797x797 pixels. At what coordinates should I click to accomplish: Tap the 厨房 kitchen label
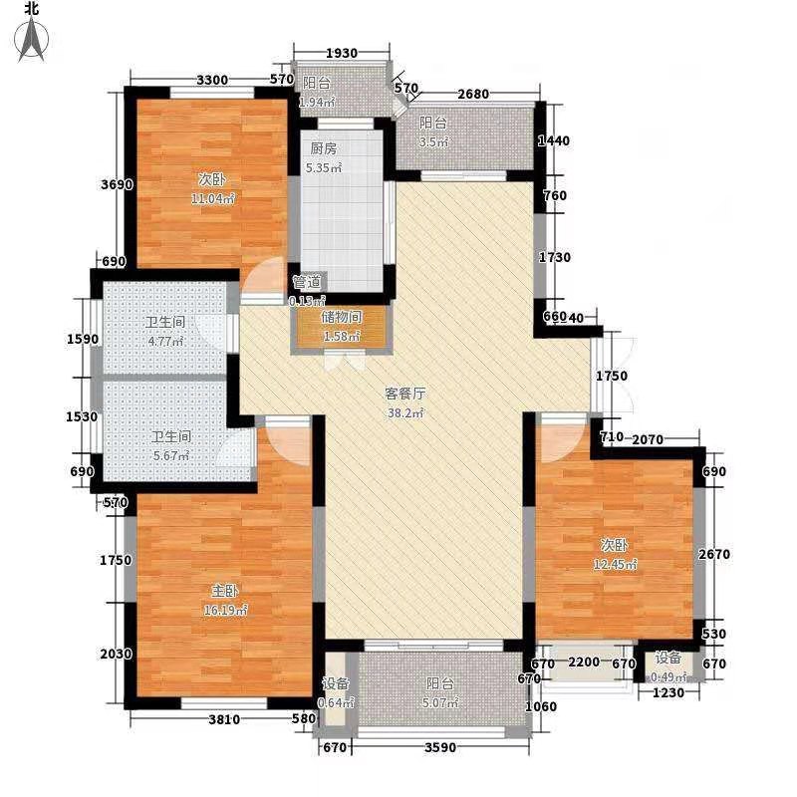pos(324,148)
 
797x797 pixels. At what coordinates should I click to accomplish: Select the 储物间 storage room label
pos(341,317)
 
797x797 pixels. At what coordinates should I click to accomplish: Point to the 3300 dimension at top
pos(213,80)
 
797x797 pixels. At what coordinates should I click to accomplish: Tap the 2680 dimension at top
pos(474,94)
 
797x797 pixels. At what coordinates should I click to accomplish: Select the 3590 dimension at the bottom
pos(434,747)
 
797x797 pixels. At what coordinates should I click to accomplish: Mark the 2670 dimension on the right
pos(716,554)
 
